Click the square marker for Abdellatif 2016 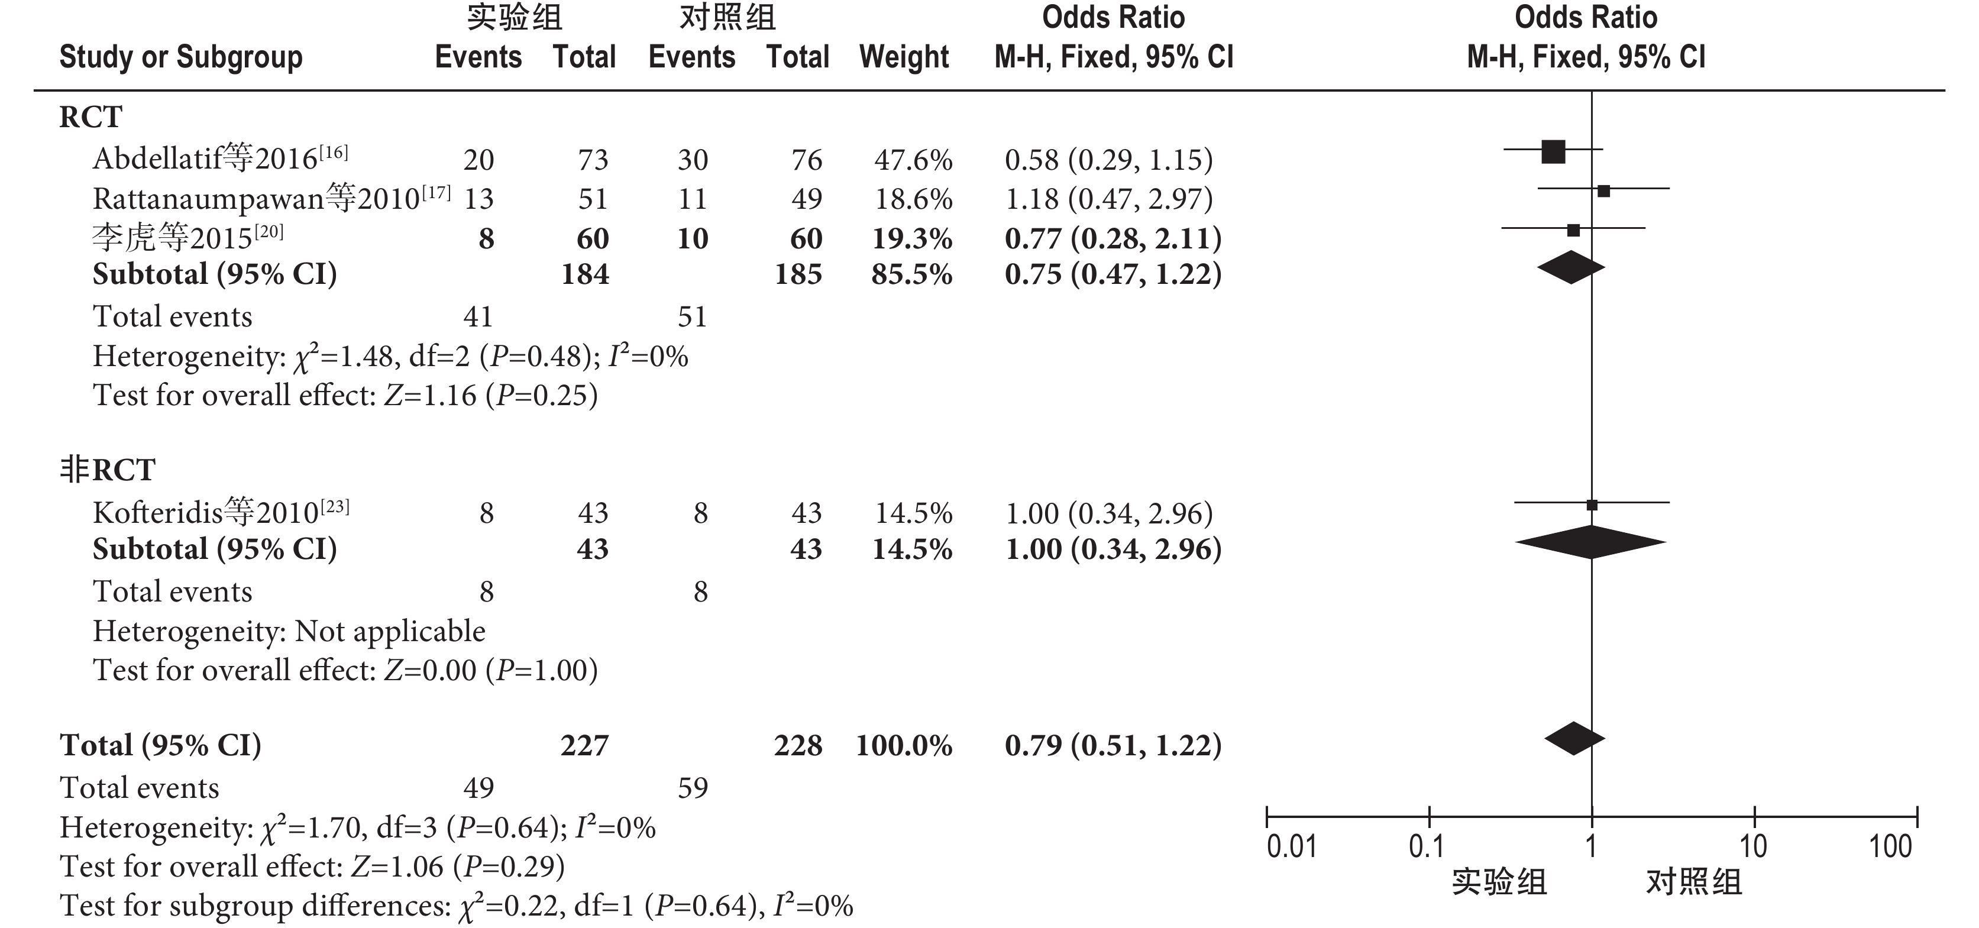pyautogui.click(x=1553, y=152)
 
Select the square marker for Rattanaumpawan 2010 pyautogui.click(x=1603, y=190)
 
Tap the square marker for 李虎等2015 pyautogui.click(x=1573, y=229)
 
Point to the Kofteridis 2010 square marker pyautogui.click(x=1592, y=505)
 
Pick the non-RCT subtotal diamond pyautogui.click(x=1590, y=542)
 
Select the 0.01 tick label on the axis pyautogui.click(x=1291, y=846)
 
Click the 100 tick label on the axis pyautogui.click(x=1890, y=846)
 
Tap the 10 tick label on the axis pyautogui.click(x=1753, y=846)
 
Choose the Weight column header pyautogui.click(x=904, y=57)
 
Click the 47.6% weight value pyautogui.click(x=913, y=160)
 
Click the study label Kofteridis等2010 pyautogui.click(x=221, y=512)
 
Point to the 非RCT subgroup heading pyautogui.click(x=108, y=470)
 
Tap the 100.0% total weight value pyautogui.click(x=904, y=745)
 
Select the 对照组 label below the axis pyautogui.click(x=1693, y=882)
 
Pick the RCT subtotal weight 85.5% pyautogui.click(x=911, y=274)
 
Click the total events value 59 pyautogui.click(x=692, y=787)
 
